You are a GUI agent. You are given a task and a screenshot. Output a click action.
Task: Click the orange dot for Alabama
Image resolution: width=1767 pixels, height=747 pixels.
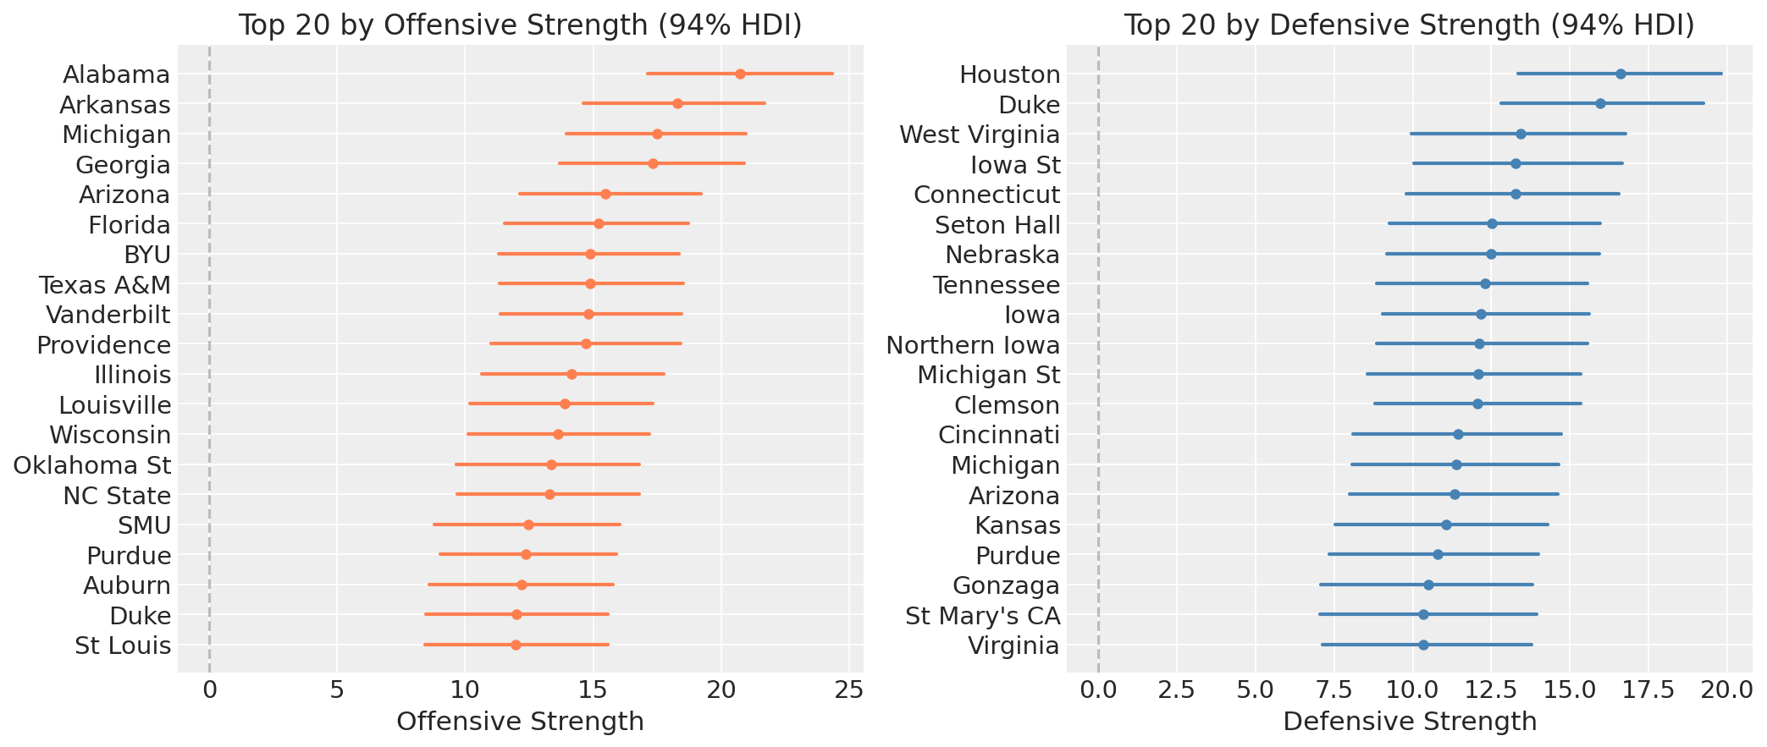740,74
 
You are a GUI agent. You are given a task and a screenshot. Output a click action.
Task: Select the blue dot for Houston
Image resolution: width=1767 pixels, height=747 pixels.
1621,74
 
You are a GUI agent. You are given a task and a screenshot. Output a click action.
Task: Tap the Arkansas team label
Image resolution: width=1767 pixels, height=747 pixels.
115,105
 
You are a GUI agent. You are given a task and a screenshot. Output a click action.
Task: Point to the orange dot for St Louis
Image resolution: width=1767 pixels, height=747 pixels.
516,645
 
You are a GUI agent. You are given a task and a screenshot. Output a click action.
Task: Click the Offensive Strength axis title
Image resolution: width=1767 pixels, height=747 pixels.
520,722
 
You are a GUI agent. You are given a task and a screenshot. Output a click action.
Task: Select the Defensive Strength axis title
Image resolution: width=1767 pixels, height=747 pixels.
1410,722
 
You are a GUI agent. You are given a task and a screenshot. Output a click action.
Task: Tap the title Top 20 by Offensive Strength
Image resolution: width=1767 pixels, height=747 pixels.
520,25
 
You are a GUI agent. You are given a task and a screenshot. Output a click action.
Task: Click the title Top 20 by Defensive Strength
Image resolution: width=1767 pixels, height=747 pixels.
1409,25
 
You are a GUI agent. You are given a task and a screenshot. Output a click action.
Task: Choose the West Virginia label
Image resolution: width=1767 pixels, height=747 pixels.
980,135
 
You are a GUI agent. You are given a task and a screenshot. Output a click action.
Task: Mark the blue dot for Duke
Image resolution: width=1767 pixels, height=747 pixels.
1600,104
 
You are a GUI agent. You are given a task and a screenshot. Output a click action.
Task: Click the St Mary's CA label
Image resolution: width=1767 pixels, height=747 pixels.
982,615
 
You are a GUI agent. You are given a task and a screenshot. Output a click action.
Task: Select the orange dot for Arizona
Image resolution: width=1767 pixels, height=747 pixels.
605,195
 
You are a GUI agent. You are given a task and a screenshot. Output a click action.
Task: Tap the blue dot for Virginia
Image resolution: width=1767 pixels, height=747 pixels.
1423,645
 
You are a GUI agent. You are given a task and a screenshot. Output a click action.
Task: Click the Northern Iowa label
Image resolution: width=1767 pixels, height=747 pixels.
973,345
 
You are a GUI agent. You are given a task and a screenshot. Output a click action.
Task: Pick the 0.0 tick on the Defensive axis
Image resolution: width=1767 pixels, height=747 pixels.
1098,690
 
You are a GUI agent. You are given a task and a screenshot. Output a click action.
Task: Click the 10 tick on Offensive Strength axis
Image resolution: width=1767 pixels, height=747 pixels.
465,690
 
